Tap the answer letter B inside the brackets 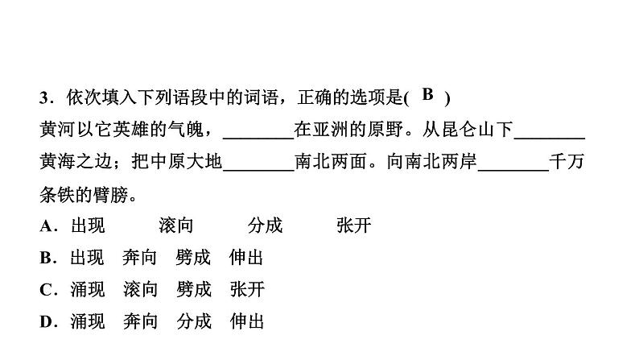coord(427,95)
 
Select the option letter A coord(45,226)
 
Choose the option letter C coord(45,290)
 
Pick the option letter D coord(45,322)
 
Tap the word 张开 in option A coord(354,226)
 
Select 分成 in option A coord(265,226)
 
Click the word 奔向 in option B coord(140,259)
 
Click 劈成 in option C coord(193,290)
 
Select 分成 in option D coord(193,322)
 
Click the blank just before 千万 coord(513,163)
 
